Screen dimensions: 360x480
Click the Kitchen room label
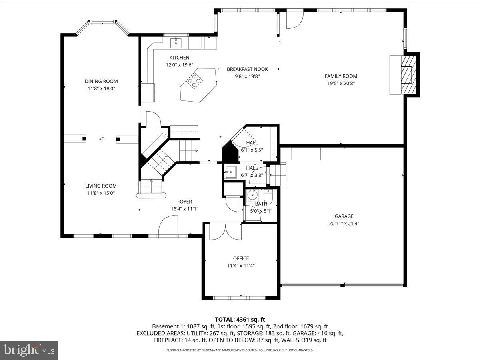179,58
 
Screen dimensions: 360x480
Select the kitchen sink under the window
176,42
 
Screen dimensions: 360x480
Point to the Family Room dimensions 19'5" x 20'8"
341,83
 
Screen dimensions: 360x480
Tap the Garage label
344,216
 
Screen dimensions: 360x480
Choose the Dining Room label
101,81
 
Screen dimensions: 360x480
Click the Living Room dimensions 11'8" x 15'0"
101,193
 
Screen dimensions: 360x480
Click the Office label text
241,258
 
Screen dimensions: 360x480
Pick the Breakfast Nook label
247,69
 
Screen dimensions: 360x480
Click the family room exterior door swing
295,19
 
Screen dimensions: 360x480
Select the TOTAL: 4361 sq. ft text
240,319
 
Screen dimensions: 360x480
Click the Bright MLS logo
29,350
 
